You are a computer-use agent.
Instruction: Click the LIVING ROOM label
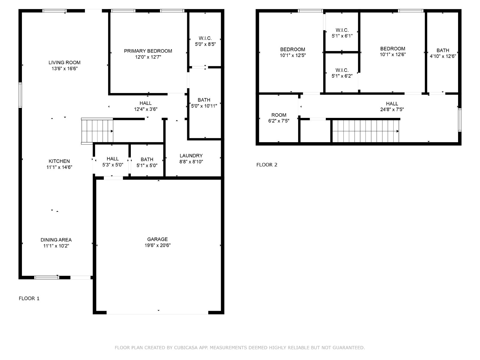(64, 62)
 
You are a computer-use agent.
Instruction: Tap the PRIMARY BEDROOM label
(148, 51)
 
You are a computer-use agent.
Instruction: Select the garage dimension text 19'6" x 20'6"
(157, 245)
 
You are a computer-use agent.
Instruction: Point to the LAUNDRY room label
(191, 156)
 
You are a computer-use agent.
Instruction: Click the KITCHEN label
(59, 161)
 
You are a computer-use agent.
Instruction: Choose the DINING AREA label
(56, 240)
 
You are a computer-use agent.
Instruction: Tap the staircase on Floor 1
(97, 131)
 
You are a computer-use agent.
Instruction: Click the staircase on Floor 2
(365, 131)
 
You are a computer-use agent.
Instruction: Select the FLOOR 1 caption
(29, 298)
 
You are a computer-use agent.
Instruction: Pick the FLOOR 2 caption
(267, 165)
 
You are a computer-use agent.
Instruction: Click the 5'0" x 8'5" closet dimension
(205, 44)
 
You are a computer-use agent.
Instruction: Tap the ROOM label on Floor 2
(279, 115)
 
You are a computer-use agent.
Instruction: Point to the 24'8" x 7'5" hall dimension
(392, 109)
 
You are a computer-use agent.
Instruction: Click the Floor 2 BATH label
(442, 50)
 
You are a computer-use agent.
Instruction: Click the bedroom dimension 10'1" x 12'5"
(292, 55)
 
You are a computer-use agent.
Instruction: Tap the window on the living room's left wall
(20, 95)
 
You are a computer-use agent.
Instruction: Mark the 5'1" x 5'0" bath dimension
(147, 166)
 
